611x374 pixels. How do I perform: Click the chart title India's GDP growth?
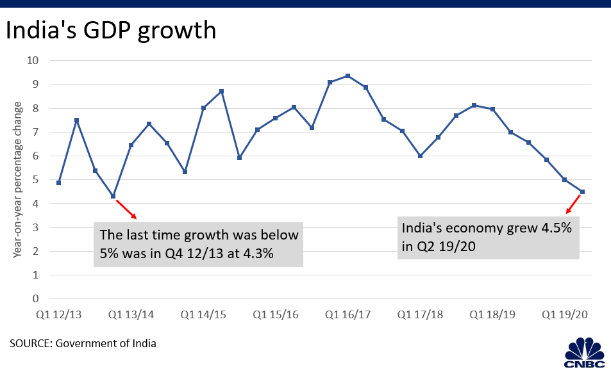(x=111, y=31)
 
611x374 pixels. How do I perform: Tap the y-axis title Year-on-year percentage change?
(x=17, y=179)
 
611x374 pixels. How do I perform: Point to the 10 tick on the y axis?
(x=33, y=60)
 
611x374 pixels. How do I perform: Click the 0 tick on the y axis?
(x=35, y=298)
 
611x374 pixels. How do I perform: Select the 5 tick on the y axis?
(x=35, y=179)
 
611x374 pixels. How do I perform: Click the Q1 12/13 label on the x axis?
(x=59, y=314)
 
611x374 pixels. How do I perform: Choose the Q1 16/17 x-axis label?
(x=348, y=314)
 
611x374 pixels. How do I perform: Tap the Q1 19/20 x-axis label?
(x=565, y=314)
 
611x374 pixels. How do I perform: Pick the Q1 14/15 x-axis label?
(x=203, y=314)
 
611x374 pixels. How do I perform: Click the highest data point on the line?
(x=348, y=76)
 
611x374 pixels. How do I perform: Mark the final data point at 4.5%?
(x=583, y=191)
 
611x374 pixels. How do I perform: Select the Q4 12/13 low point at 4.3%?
(x=113, y=196)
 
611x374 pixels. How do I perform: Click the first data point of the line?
(x=59, y=183)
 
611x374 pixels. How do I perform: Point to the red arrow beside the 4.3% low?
(x=127, y=209)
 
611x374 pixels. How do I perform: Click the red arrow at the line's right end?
(x=573, y=204)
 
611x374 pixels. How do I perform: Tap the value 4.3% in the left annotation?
(x=258, y=254)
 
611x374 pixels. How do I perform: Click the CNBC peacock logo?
(x=585, y=353)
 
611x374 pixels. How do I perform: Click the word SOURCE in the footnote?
(x=31, y=343)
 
